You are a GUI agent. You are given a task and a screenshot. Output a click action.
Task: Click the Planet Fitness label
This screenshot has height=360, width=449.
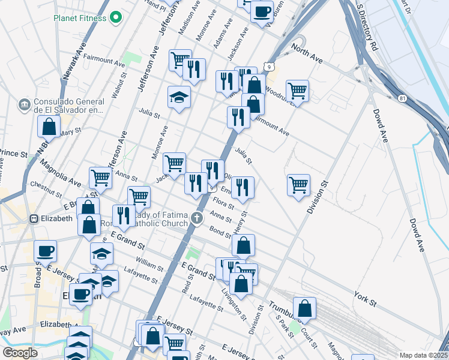pyautogui.click(x=79, y=18)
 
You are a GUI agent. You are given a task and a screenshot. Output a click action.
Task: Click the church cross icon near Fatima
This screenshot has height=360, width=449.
pyautogui.click(x=197, y=219)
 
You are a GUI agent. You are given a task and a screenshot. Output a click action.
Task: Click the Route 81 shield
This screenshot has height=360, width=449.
pyautogui.click(x=402, y=97)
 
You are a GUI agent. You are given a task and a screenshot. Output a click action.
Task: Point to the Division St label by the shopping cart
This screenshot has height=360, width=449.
pyautogui.click(x=318, y=197)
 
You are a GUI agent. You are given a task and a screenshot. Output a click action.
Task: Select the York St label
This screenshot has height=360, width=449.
pyautogui.click(x=364, y=298)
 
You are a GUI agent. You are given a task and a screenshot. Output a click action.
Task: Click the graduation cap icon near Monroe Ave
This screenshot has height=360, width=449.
pyautogui.click(x=178, y=98)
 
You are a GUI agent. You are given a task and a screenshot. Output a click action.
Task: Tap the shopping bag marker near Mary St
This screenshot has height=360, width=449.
pyautogui.click(x=49, y=127)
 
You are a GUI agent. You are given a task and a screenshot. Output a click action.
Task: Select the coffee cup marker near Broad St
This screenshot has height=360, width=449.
pyautogui.click(x=45, y=251)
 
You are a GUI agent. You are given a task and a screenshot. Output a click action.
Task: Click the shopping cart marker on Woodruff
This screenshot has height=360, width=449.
pyautogui.click(x=297, y=91)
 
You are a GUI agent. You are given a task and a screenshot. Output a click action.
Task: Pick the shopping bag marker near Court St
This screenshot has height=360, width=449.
pyautogui.click(x=305, y=308)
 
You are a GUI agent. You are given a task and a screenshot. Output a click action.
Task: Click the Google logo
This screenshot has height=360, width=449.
pyautogui.click(x=20, y=353)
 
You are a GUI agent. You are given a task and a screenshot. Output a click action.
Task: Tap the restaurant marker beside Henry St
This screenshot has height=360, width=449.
pyautogui.click(x=243, y=187)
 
